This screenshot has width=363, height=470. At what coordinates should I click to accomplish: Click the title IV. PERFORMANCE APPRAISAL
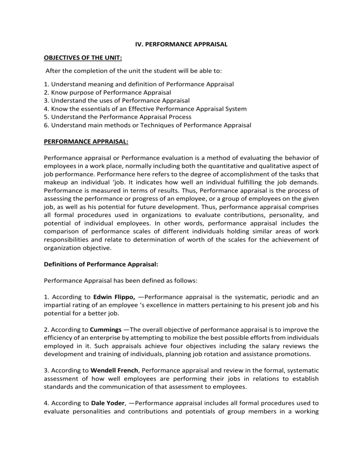coord(182,44)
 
